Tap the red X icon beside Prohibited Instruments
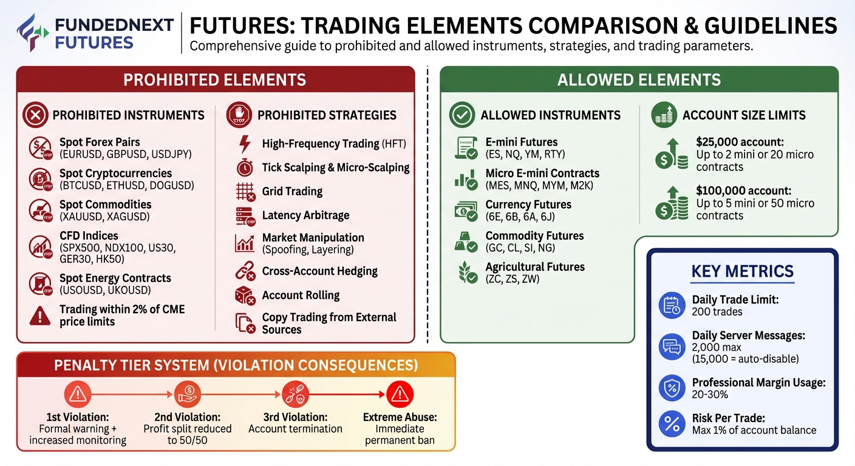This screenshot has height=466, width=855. coord(35,115)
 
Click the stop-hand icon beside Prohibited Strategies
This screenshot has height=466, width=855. coord(239,115)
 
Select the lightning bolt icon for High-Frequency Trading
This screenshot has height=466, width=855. coord(245,144)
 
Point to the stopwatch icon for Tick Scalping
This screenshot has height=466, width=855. coord(245,167)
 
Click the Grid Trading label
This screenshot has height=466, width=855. coord(292,191)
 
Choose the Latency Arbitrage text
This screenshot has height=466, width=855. coord(305,215)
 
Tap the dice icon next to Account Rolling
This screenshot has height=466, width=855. coord(245,295)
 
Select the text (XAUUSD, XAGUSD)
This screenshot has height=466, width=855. coord(104,217)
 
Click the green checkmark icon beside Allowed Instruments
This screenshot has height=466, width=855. coord(462,115)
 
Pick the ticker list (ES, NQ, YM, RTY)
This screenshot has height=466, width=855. coord(526,154)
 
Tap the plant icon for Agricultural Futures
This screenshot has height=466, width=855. coord(466,273)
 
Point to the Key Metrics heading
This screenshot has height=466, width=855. coord(742,271)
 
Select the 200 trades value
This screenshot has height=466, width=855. coord(717,312)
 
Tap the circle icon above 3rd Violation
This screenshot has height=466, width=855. coord(295,395)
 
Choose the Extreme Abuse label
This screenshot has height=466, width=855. coord(400,417)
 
